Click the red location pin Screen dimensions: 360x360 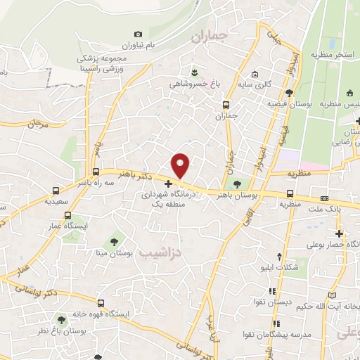[181, 165]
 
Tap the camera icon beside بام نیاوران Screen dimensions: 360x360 [138, 34]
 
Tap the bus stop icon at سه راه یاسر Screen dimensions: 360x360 [96, 172]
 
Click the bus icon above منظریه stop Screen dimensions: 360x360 [290, 194]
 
